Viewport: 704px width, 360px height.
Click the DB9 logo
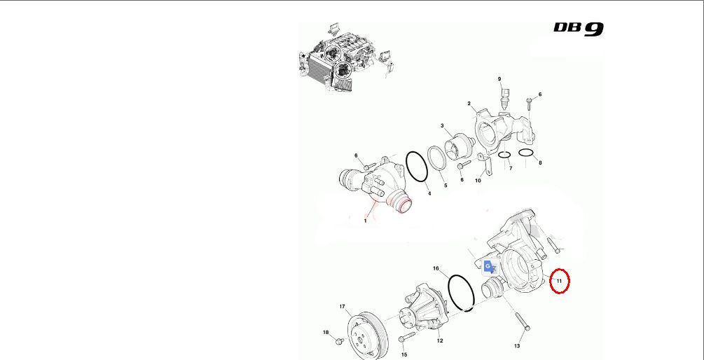579,29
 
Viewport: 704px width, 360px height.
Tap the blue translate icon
490,267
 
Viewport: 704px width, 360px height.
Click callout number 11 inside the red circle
559,281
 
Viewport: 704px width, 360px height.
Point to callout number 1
365,221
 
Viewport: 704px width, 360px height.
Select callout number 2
469,104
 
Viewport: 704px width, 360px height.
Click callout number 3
442,125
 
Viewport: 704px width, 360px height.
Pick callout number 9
499,79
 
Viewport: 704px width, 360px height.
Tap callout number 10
478,181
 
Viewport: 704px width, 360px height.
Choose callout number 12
439,340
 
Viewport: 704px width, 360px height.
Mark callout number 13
517,345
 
